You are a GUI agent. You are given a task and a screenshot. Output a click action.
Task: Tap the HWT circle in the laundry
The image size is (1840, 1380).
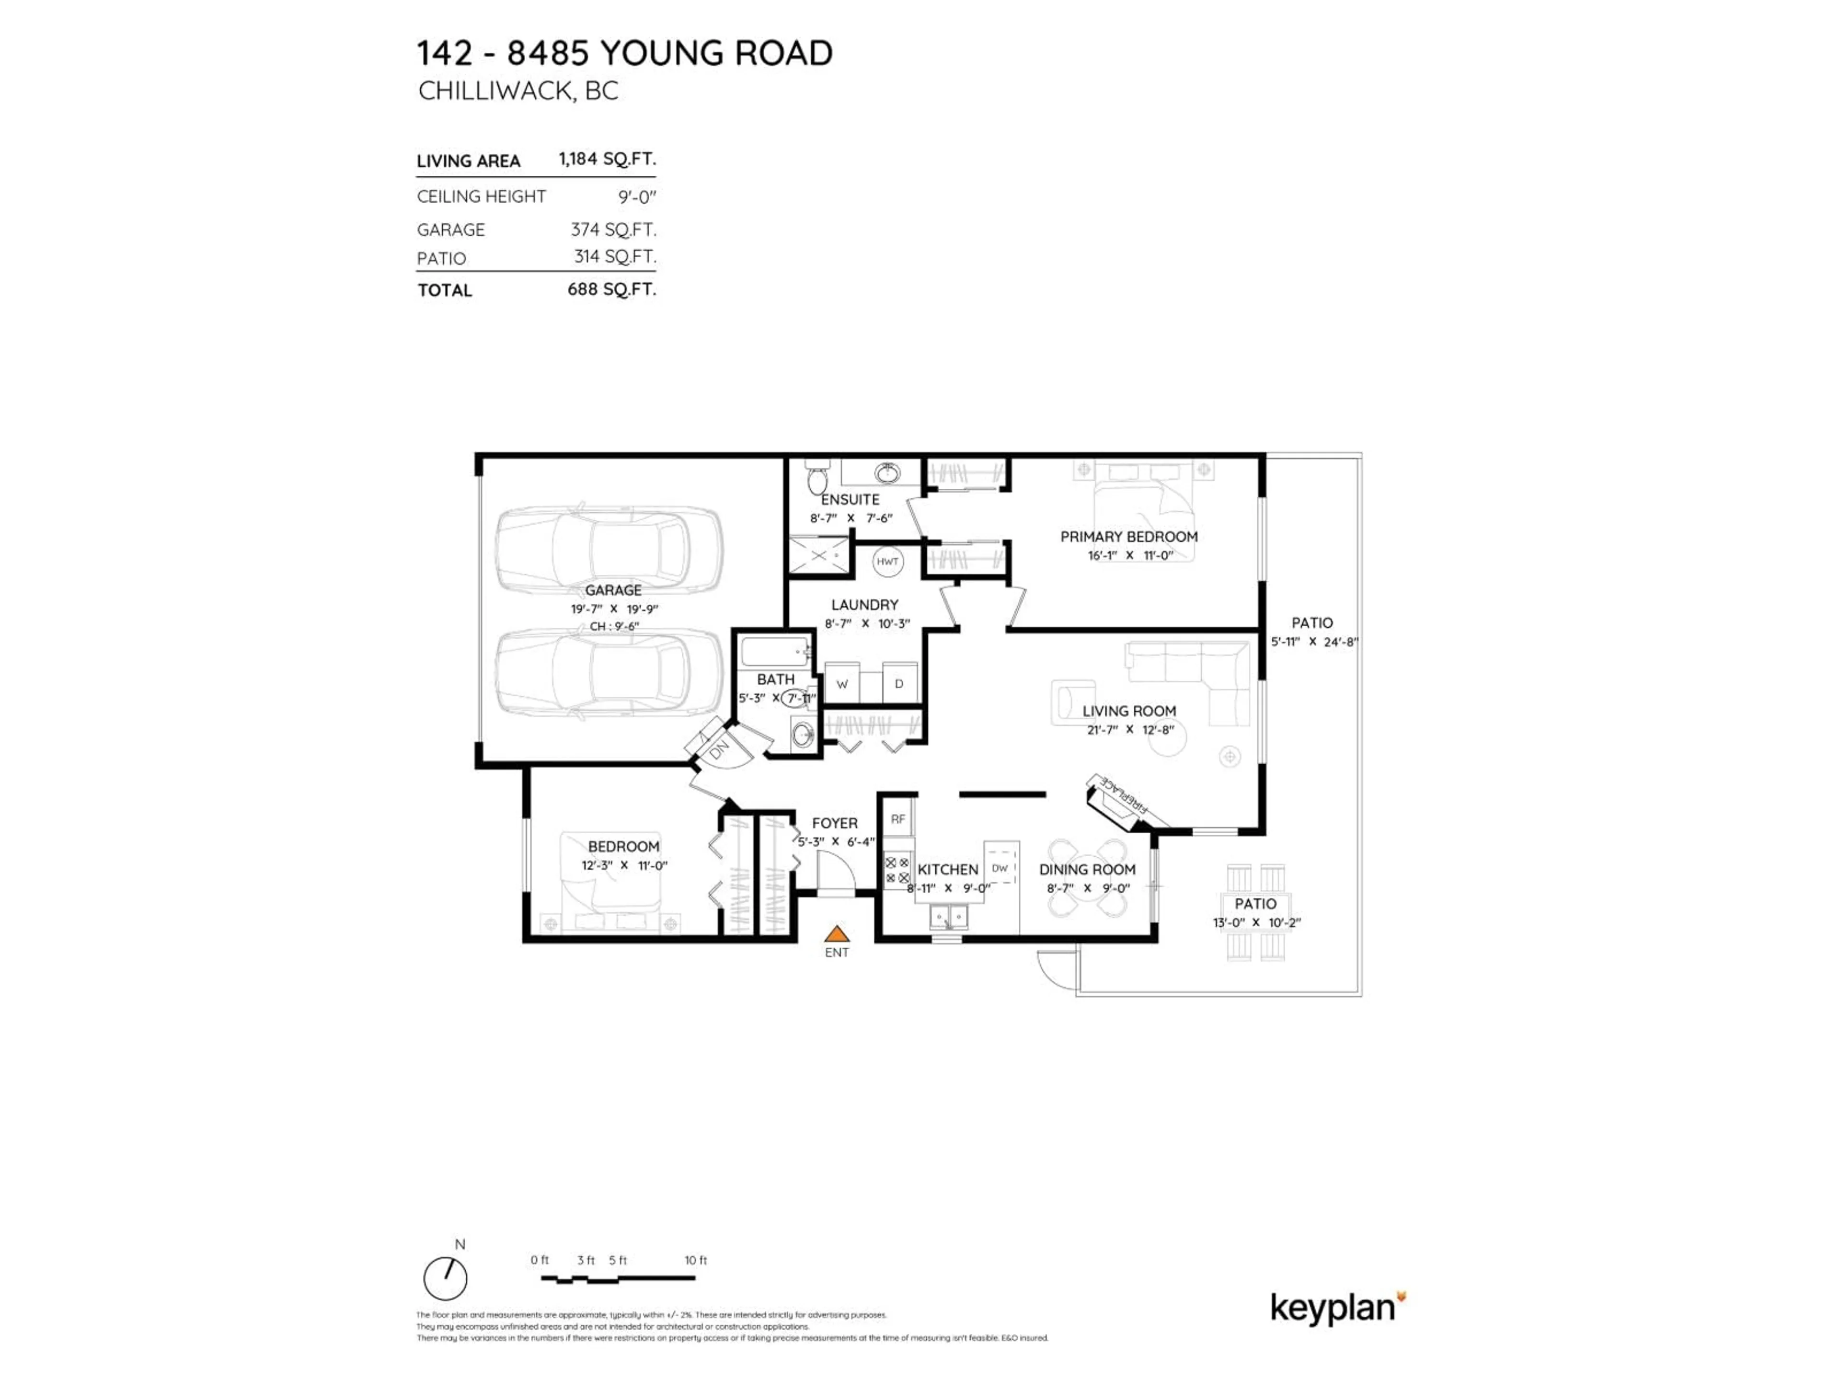pyautogui.click(x=887, y=562)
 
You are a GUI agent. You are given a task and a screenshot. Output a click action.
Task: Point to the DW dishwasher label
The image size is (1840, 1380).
pyautogui.click(x=1000, y=868)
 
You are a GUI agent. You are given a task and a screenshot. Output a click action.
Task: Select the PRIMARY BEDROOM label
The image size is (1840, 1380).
pyautogui.click(x=1129, y=537)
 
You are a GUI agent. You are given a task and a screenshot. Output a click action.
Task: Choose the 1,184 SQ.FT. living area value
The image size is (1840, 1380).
pyautogui.click(x=607, y=159)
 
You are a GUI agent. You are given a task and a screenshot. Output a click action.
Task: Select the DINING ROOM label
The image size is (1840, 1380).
pyautogui.click(x=1087, y=869)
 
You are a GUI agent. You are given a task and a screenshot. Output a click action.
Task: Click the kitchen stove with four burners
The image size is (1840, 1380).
pyautogui.click(x=897, y=871)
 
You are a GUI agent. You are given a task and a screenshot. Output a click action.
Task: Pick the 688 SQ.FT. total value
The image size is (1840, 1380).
pyautogui.click(x=611, y=289)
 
